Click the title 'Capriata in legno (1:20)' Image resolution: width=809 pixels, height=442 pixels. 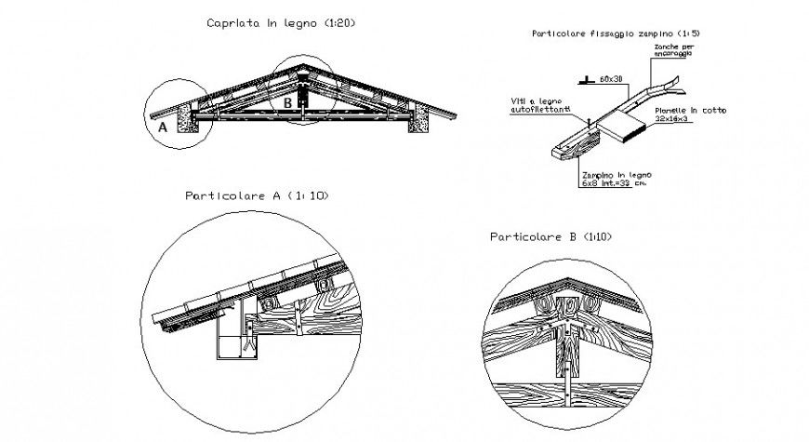(x=268, y=21)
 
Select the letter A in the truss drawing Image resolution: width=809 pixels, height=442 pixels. (x=163, y=129)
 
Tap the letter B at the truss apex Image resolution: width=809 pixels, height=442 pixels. (x=288, y=100)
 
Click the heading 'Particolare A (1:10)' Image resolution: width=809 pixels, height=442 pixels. (x=257, y=196)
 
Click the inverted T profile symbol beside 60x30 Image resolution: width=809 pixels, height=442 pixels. (x=584, y=81)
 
